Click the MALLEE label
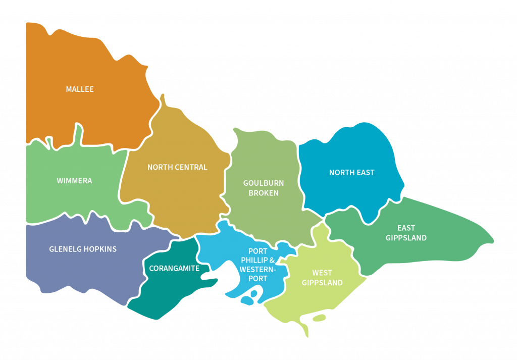[80, 89]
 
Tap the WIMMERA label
[74, 180]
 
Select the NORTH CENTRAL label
[177, 167]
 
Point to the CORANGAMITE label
[174, 269]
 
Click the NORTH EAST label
[352, 173]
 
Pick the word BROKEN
[264, 193]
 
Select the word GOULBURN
[264, 183]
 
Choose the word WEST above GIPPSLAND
[322, 273]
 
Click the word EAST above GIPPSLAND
[406, 228]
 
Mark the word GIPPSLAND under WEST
[322, 283]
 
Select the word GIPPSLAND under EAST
[406, 238]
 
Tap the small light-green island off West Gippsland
[319, 318]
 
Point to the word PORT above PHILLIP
[257, 251]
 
